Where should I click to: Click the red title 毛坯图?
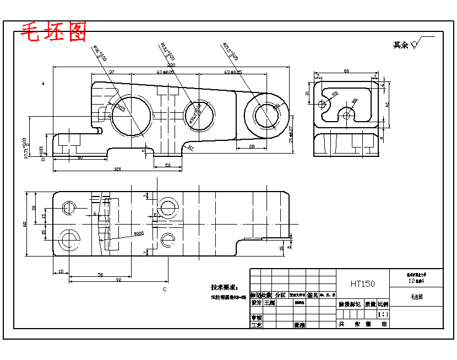[x=53, y=32]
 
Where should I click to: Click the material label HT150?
[x=362, y=283]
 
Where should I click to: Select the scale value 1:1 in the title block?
[x=383, y=314]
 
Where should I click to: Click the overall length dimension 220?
[x=171, y=65]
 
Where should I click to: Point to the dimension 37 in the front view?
[x=111, y=72]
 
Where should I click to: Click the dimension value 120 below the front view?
[x=117, y=169]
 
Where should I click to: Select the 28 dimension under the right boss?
[x=251, y=146]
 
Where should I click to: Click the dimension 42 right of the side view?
[x=387, y=104]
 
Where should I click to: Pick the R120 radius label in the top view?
[x=139, y=233]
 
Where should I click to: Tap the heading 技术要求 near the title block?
[x=224, y=287]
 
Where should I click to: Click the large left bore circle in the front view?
[x=131, y=115]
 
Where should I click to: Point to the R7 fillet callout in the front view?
[x=191, y=148]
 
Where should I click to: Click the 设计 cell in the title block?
[x=256, y=303]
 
